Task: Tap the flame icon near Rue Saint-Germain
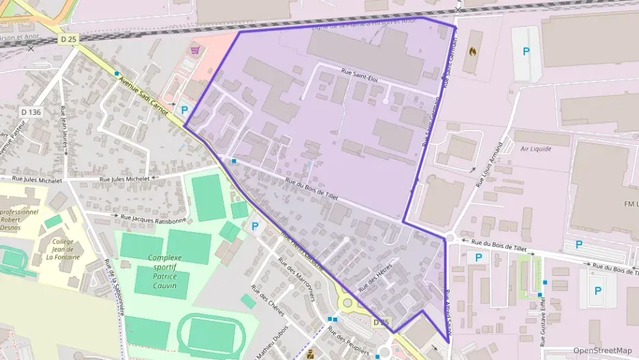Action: click(473, 51)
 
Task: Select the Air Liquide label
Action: click(535, 148)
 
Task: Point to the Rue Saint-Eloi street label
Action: click(359, 79)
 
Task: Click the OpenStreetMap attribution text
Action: click(603, 350)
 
